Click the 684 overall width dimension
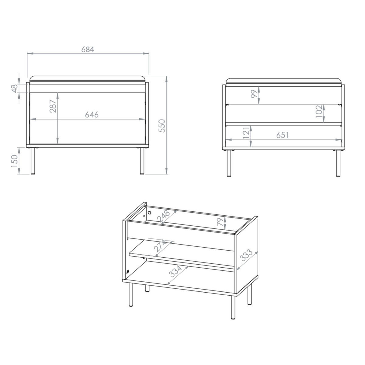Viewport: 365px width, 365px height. click(x=88, y=50)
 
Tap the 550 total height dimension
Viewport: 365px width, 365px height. click(x=162, y=126)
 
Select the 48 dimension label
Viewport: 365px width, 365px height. click(x=15, y=89)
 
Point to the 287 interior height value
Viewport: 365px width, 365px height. click(x=53, y=106)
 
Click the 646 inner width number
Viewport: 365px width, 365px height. click(x=92, y=115)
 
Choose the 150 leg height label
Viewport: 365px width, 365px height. click(x=14, y=161)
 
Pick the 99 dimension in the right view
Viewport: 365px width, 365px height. click(x=254, y=94)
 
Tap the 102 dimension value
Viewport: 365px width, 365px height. click(x=319, y=111)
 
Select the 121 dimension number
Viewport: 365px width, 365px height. click(x=246, y=133)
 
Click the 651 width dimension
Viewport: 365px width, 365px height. click(x=283, y=135)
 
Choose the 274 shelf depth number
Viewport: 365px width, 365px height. click(x=160, y=246)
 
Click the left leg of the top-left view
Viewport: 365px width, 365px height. click(x=33, y=161)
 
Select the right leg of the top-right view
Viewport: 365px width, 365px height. click(x=338, y=163)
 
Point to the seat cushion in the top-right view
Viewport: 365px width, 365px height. click(x=283, y=81)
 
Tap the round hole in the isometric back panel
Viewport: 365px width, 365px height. click(x=150, y=213)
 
